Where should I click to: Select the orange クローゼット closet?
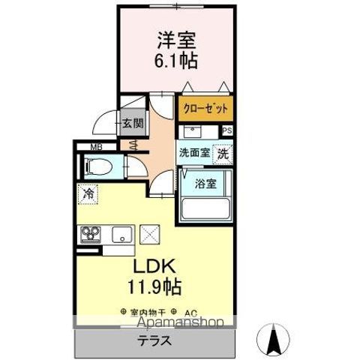[205, 107]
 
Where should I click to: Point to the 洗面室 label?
[193, 151]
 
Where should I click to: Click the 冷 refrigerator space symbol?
[89, 192]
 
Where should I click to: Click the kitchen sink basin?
[120, 235]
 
